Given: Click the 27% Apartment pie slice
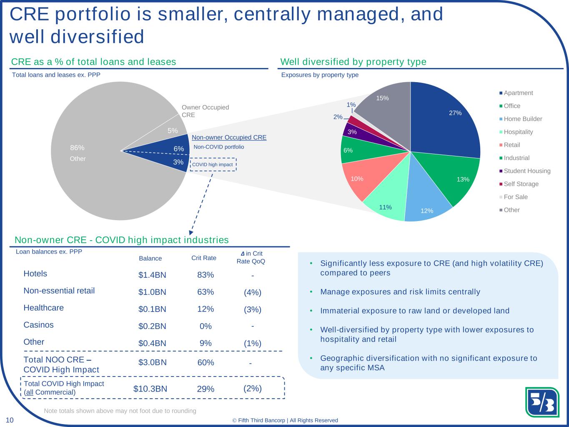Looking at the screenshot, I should pyautogui.click(x=446, y=121).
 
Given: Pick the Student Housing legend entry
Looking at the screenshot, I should pyautogui.click(x=527, y=171).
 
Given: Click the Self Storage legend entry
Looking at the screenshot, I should pyautogui.click(x=521, y=184).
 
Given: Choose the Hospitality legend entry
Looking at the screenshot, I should pyautogui.click(x=518, y=132).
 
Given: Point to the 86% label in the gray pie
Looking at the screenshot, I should pyautogui.click(x=77, y=148).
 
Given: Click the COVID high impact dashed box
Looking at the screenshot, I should pyautogui.click(x=213, y=164).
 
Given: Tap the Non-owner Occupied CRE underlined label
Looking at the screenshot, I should pyautogui.click(x=229, y=137).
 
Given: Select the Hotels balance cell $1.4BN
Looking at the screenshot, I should pyautogui.click(x=152, y=275).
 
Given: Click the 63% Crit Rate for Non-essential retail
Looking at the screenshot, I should pyautogui.click(x=206, y=292).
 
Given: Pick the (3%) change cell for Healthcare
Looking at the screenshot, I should pyautogui.click(x=253, y=309).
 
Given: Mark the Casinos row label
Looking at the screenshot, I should pyautogui.click(x=38, y=325).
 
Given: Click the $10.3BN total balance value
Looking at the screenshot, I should pyautogui.click(x=150, y=389).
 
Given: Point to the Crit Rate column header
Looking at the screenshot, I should pyautogui.click(x=204, y=258).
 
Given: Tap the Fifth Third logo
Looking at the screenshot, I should pyautogui.click(x=542, y=402).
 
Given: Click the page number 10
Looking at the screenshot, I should pyautogui.click(x=10, y=420).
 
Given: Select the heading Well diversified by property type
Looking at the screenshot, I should pyautogui.click(x=353, y=62).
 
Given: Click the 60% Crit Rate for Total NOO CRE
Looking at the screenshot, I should pyautogui.click(x=206, y=362).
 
